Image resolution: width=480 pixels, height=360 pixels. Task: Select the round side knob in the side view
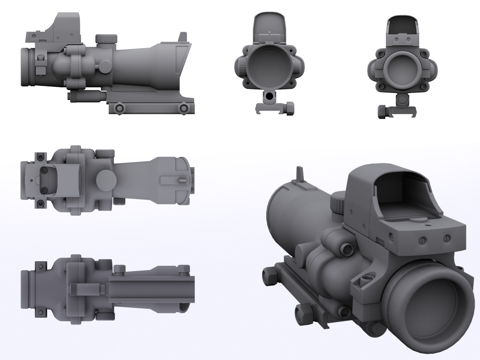[x=101, y=67]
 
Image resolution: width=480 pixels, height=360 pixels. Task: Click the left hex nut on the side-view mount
[x=120, y=108]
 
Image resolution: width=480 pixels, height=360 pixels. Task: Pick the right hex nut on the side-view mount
[x=183, y=108]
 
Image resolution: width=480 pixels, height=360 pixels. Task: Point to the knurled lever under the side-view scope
[x=86, y=96]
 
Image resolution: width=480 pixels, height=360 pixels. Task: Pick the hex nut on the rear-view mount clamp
[x=382, y=112]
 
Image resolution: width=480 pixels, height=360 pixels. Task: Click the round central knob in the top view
[x=107, y=179]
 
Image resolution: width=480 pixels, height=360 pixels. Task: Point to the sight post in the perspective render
[x=300, y=174]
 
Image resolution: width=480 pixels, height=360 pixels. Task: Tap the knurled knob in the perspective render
[x=338, y=202]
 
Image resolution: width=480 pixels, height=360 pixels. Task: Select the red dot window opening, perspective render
[x=403, y=192]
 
